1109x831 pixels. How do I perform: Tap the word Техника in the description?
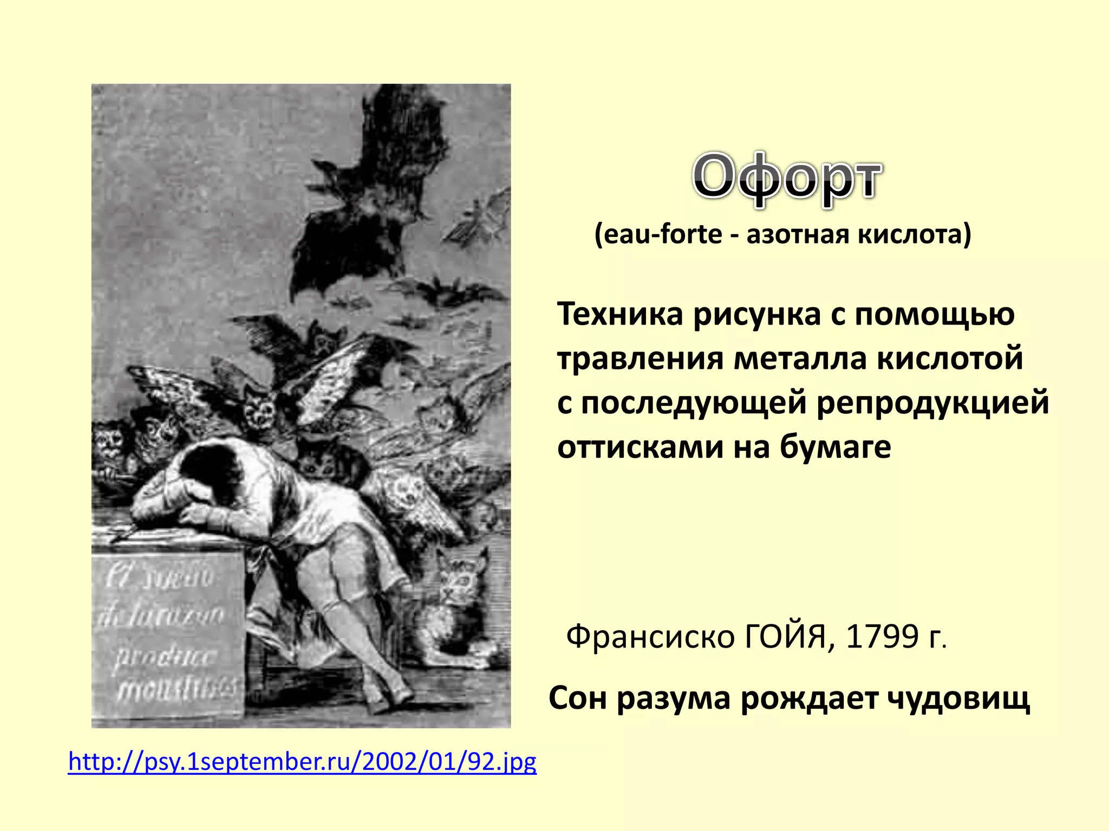620,314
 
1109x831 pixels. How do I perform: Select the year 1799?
882,636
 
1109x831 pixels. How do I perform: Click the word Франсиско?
650,637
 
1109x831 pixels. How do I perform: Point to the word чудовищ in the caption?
958,698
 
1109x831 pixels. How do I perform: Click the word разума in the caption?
674,698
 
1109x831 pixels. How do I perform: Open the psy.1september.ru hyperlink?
302,762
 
